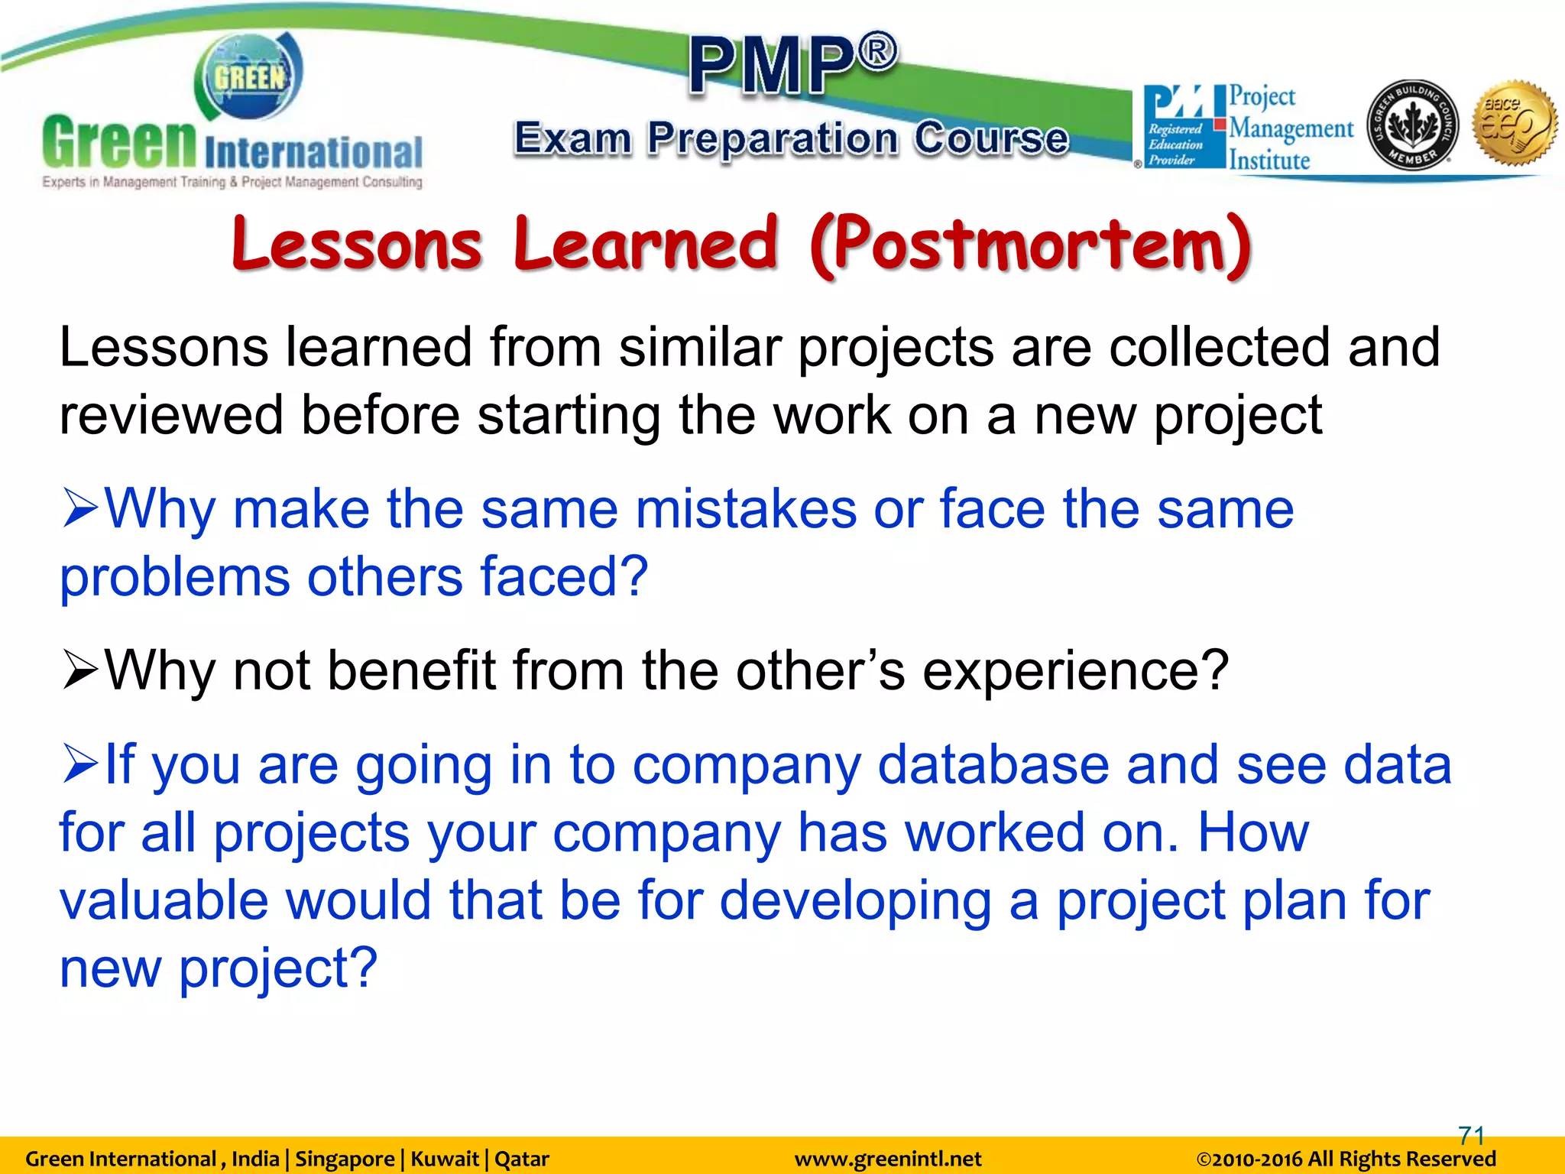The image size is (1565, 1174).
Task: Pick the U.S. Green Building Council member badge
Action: [x=1411, y=125]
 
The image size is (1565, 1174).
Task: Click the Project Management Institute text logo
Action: [x=1290, y=128]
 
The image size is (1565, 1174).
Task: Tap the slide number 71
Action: [x=1471, y=1134]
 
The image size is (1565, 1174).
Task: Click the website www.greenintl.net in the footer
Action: [x=887, y=1159]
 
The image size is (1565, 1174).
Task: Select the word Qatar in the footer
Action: [x=522, y=1159]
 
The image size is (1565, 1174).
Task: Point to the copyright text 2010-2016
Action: [x=1346, y=1159]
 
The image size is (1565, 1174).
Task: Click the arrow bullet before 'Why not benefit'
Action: [x=80, y=670]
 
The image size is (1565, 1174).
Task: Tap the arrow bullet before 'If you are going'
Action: [x=80, y=764]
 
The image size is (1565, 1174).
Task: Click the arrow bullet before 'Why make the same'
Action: [x=80, y=509]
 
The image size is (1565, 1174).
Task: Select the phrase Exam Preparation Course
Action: [x=791, y=140]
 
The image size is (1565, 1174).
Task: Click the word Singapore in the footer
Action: [x=344, y=1159]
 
